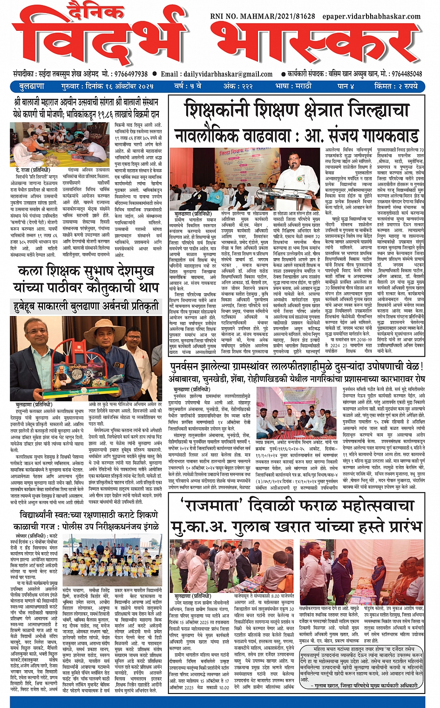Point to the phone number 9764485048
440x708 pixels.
pos(407,74)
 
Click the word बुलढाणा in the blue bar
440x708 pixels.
pos(32,86)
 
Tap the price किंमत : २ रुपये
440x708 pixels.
pos(396,86)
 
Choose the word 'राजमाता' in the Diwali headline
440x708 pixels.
pos(209,506)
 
